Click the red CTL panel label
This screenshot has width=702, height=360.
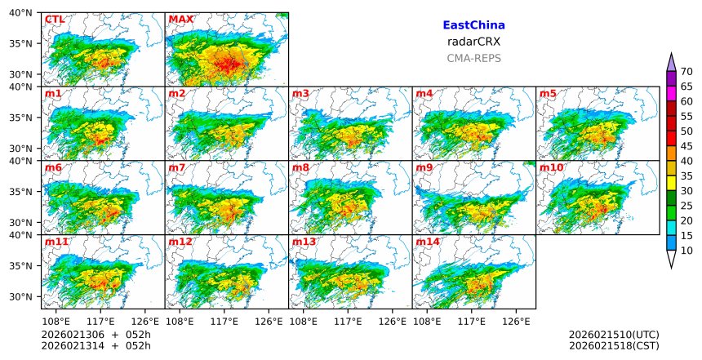click(54, 20)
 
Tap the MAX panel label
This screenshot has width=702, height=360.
click(180, 20)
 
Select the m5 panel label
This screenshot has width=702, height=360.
click(548, 94)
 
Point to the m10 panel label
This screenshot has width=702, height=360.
click(551, 168)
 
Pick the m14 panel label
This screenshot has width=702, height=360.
click(428, 242)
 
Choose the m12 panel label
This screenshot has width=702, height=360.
click(180, 242)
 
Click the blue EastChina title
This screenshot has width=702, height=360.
click(473, 26)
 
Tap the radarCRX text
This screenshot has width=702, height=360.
click(473, 42)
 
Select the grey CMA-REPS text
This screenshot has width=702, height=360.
click(473, 58)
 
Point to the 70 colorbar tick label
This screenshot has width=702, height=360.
click(686, 71)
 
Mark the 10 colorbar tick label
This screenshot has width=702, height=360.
click(686, 251)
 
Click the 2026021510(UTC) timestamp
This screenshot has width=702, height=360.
click(614, 335)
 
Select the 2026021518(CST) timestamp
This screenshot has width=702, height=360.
click(614, 346)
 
